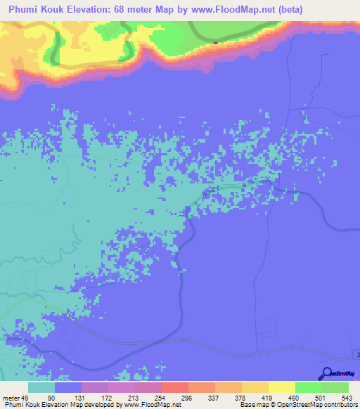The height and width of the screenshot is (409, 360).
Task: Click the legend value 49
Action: click(x=25, y=397)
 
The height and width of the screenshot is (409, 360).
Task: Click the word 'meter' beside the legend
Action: click(x=10, y=397)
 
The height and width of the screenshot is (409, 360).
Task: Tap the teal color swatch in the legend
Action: click(x=41, y=387)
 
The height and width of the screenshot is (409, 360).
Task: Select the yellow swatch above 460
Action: click(x=281, y=387)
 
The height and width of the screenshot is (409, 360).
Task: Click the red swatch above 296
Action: click(x=174, y=387)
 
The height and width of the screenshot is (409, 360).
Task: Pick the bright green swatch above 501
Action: click(x=308, y=387)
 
